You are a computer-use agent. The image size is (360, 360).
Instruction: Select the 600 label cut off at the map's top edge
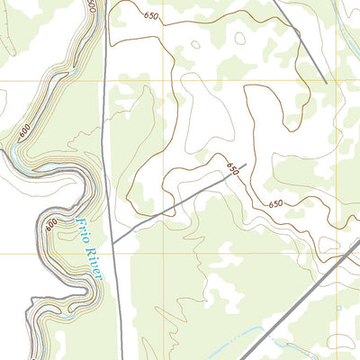pyautogui.click(x=92, y=5)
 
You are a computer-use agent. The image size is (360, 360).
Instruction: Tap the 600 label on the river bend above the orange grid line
pyautogui.click(x=24, y=131)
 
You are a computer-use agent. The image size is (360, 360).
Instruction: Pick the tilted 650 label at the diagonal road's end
pyautogui.click(x=233, y=168)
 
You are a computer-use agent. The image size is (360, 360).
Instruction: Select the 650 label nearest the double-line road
pyautogui.click(x=274, y=204)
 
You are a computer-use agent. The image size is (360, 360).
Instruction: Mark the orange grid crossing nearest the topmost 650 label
pyautogui.click(x=165, y=81)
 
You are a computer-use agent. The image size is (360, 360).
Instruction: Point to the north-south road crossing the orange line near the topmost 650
pyautogui.click(x=103, y=81)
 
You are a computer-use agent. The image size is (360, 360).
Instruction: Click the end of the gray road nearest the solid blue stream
pyautogui.click(x=325, y=83)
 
